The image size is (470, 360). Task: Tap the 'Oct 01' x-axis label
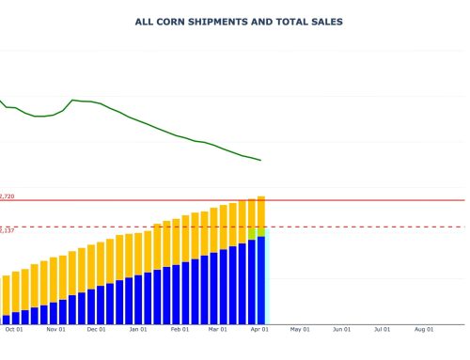(x=14, y=330)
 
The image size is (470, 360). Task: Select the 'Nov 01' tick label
(x=55, y=330)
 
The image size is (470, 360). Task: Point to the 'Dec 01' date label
(x=96, y=330)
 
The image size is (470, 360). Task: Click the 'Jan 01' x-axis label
(x=138, y=330)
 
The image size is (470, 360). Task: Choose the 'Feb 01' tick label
(x=180, y=330)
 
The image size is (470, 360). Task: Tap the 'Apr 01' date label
(x=259, y=330)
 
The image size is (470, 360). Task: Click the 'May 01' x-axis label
(x=300, y=330)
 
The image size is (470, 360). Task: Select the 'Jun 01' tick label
(x=341, y=330)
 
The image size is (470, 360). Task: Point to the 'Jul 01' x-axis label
(x=383, y=330)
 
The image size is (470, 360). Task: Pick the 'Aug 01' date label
(x=424, y=330)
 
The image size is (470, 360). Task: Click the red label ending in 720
(x=7, y=196)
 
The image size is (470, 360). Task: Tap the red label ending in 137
(x=7, y=229)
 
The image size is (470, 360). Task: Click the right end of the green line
(x=260, y=160)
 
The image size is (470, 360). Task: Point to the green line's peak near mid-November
(x=73, y=100)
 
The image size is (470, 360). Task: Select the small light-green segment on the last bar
(x=260, y=231)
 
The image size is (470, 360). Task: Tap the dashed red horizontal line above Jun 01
(x=341, y=227)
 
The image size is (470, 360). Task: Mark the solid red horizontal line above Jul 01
(x=383, y=200)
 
